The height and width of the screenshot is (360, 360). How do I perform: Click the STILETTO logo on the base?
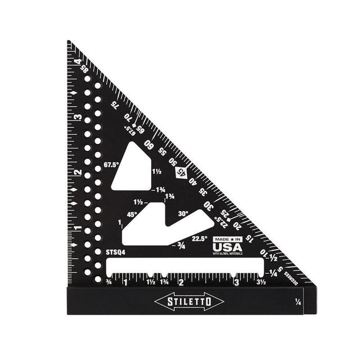[x=188, y=301]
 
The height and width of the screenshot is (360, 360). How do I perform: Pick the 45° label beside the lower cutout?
[x=132, y=214]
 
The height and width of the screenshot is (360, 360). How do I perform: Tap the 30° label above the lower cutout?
[x=182, y=214]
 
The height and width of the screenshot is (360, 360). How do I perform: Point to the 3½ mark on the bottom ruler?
[x=261, y=282]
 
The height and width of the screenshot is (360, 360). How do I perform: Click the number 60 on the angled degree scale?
[x=150, y=144]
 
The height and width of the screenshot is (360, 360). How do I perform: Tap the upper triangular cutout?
[x=133, y=166]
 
